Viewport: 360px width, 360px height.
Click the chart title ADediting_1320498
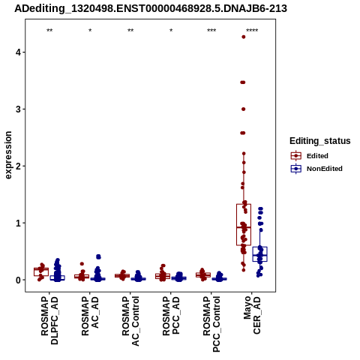click(x=151, y=8)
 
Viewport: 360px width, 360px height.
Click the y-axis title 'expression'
click(x=8, y=155)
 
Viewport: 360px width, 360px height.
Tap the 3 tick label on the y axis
click(x=18, y=109)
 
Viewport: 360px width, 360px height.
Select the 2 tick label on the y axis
click(x=18, y=166)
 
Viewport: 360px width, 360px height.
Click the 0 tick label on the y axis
click(x=18, y=280)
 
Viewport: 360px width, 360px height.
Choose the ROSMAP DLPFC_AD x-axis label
click(x=49, y=320)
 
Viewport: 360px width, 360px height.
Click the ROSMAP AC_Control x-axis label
click(x=130, y=321)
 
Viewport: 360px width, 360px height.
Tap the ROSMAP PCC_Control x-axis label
click(x=211, y=324)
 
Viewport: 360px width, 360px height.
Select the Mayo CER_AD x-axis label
click(x=252, y=315)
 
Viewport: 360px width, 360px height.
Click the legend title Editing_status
click(x=320, y=141)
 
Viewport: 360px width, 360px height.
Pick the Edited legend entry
click(x=309, y=156)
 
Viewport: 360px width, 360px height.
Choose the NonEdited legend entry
click(x=316, y=169)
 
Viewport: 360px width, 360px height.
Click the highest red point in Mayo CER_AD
click(x=244, y=37)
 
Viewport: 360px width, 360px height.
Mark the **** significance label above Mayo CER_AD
click(x=252, y=31)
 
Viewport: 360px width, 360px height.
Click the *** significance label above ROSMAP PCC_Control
click(x=211, y=31)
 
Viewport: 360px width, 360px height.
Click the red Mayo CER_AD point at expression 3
click(x=244, y=109)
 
